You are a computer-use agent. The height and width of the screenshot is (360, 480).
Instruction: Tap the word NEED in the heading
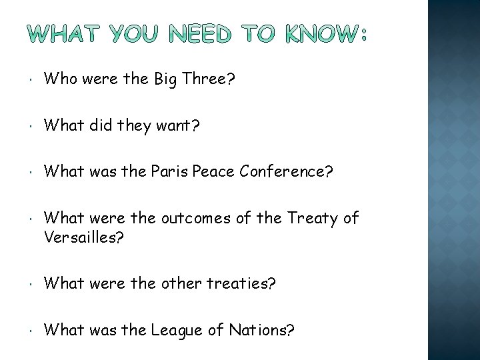[198, 33]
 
